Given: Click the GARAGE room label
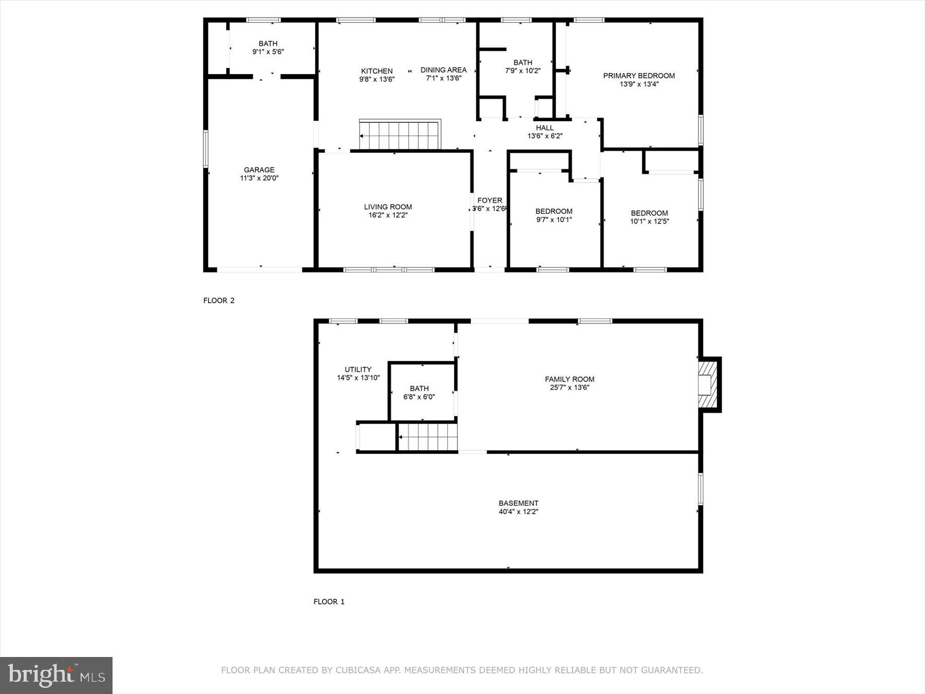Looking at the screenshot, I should tap(259, 170).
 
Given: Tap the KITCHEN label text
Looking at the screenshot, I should tap(377, 71).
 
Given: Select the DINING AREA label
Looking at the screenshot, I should tap(443, 70).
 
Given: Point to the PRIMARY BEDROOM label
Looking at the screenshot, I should tap(639, 76).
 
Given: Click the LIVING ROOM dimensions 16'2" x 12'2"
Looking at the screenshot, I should tap(388, 215).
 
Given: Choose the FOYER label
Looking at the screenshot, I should tap(490, 200).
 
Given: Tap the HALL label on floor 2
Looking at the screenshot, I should tap(545, 128).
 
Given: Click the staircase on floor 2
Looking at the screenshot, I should tap(400, 135).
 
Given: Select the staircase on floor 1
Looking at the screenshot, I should tap(428, 436).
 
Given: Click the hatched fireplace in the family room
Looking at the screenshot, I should tap(708, 385).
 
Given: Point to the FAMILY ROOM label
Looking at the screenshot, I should tap(569, 379).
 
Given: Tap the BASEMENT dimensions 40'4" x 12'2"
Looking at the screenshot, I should tap(518, 512).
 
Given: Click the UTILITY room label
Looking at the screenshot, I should tap(358, 370).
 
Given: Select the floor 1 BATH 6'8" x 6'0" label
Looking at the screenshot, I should tap(419, 392).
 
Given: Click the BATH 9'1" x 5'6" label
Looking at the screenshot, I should tap(268, 47).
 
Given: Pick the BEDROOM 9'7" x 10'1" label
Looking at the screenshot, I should tap(553, 215).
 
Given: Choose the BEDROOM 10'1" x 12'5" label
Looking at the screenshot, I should tap(649, 217).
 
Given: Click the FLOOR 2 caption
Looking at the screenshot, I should tap(219, 301).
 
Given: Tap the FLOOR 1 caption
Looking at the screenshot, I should tap(329, 601).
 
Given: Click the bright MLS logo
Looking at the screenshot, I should tap(56, 675).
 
